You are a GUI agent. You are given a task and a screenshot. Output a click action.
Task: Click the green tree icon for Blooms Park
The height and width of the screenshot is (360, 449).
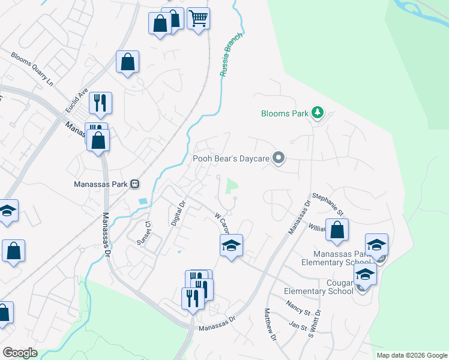(x=318, y=113)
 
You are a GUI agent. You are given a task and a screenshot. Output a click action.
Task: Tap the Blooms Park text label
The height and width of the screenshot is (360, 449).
(x=285, y=113)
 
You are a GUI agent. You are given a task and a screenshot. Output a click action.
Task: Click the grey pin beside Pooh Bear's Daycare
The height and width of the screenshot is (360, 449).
(x=278, y=158)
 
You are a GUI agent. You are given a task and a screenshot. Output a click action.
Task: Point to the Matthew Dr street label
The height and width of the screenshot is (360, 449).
(x=270, y=325)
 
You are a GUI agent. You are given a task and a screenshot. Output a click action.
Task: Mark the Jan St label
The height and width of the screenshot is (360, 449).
(x=298, y=325)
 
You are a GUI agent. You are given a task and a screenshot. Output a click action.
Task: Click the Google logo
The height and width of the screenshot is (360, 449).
(x=20, y=352)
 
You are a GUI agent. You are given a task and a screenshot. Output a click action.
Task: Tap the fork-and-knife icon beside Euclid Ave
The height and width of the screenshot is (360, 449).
(x=100, y=103)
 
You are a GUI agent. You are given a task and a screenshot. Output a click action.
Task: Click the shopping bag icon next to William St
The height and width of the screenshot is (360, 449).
(x=337, y=229)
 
